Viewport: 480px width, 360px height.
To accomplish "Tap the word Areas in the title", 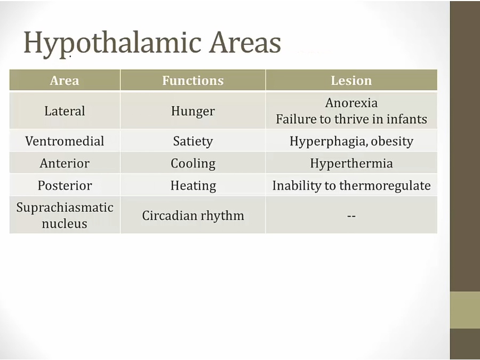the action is pos(245,43).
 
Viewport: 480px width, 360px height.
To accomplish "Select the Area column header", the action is pos(65,81).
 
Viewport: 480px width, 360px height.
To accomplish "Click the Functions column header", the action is pos(193,81).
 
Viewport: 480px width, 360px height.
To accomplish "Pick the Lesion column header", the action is pos(351,81).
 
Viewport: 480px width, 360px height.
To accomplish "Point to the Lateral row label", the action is pos(65,111).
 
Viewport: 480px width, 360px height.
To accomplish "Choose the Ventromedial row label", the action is pos(65,141).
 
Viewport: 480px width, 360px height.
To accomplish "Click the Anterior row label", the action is pos(65,163).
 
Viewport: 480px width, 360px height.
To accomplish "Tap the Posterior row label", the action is pos(65,186).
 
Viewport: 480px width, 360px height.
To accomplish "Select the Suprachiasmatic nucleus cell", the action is pos(65,215).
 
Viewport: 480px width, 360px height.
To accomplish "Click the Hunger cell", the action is pos(193,111).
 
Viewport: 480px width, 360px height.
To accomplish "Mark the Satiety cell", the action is pos(193,141).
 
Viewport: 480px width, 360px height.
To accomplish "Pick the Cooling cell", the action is pos(193,164).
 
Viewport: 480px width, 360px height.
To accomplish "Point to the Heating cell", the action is pos(193,186).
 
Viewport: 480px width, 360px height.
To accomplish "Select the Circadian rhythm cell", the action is pos(193,215).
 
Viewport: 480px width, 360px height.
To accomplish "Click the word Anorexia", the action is pos(351,103).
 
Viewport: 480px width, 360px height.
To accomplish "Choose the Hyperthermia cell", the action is pos(351,164).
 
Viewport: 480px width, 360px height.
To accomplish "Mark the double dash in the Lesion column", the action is pos(351,216).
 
